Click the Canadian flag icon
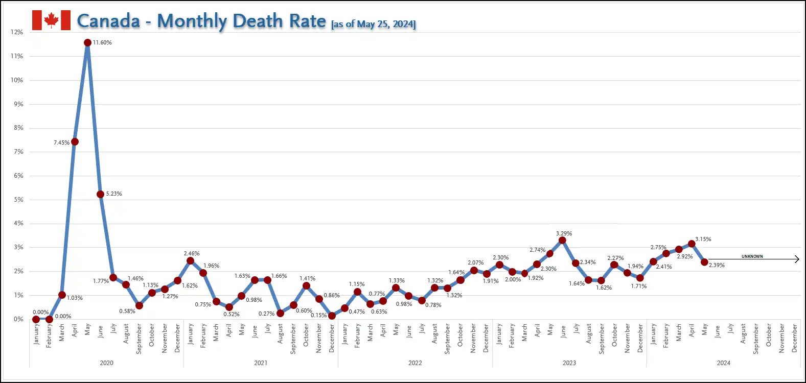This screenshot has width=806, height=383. point(51,20)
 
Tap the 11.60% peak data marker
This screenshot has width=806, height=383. point(87,43)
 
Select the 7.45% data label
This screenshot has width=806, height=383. point(61,143)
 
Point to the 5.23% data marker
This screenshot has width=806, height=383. point(101,194)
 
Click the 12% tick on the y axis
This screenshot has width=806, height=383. point(17,32)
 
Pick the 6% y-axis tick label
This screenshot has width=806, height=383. point(18,176)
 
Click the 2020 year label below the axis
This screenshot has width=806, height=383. point(106,363)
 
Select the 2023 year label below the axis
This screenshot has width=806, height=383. point(569,363)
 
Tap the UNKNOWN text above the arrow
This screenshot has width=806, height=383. point(752,256)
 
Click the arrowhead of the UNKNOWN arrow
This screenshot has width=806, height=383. point(797,259)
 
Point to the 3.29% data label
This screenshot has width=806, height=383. point(564,233)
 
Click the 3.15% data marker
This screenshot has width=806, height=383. point(692,244)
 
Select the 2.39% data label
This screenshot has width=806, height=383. point(717,266)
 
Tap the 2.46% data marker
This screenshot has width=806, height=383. point(190,261)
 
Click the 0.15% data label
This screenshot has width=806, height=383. point(318,316)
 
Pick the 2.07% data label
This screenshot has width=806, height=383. point(475,262)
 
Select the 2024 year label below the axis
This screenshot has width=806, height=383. point(723,363)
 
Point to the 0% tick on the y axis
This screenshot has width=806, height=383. point(18,319)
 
